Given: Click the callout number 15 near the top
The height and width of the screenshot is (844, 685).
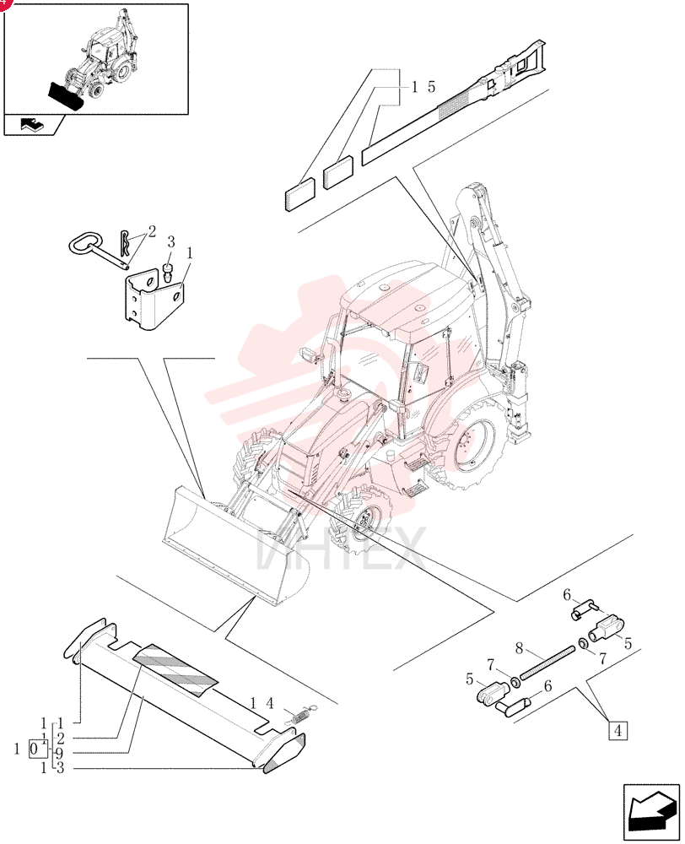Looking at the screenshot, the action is point(423,87).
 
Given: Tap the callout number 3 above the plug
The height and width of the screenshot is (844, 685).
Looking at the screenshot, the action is point(170,242).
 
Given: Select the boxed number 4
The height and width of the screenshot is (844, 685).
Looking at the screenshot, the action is point(618,731).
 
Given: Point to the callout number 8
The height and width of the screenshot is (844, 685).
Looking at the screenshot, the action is point(519,648).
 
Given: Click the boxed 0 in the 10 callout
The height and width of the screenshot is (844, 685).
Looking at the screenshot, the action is point(35,748).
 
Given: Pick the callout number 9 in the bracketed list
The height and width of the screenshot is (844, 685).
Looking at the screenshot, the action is point(59,753).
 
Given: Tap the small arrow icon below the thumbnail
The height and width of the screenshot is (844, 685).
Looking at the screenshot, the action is point(33,125).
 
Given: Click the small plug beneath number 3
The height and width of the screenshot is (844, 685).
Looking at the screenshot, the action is point(169,271).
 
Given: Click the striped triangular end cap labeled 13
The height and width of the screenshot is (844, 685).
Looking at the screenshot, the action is point(284,753).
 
